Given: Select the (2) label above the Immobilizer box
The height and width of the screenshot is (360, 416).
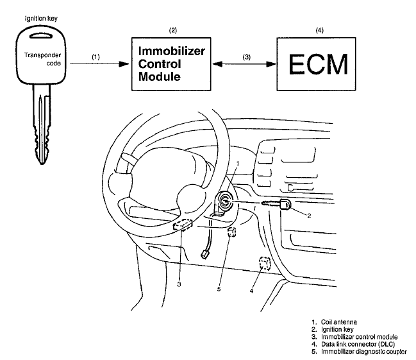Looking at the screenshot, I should pyautogui.click(x=172, y=30).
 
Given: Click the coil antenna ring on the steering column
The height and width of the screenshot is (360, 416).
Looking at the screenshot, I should pyautogui.click(x=228, y=202).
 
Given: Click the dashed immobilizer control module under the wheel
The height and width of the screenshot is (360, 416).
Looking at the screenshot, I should pyautogui.click(x=186, y=225).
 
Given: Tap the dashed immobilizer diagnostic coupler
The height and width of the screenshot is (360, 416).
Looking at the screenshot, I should pyautogui.click(x=233, y=232).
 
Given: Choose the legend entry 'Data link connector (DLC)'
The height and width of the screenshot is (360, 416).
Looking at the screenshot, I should pyautogui.click(x=360, y=343).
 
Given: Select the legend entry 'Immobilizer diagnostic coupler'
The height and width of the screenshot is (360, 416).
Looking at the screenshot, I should pyautogui.click(x=366, y=350).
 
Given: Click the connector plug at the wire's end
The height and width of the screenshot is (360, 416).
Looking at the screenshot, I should pyautogui.click(x=206, y=254).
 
